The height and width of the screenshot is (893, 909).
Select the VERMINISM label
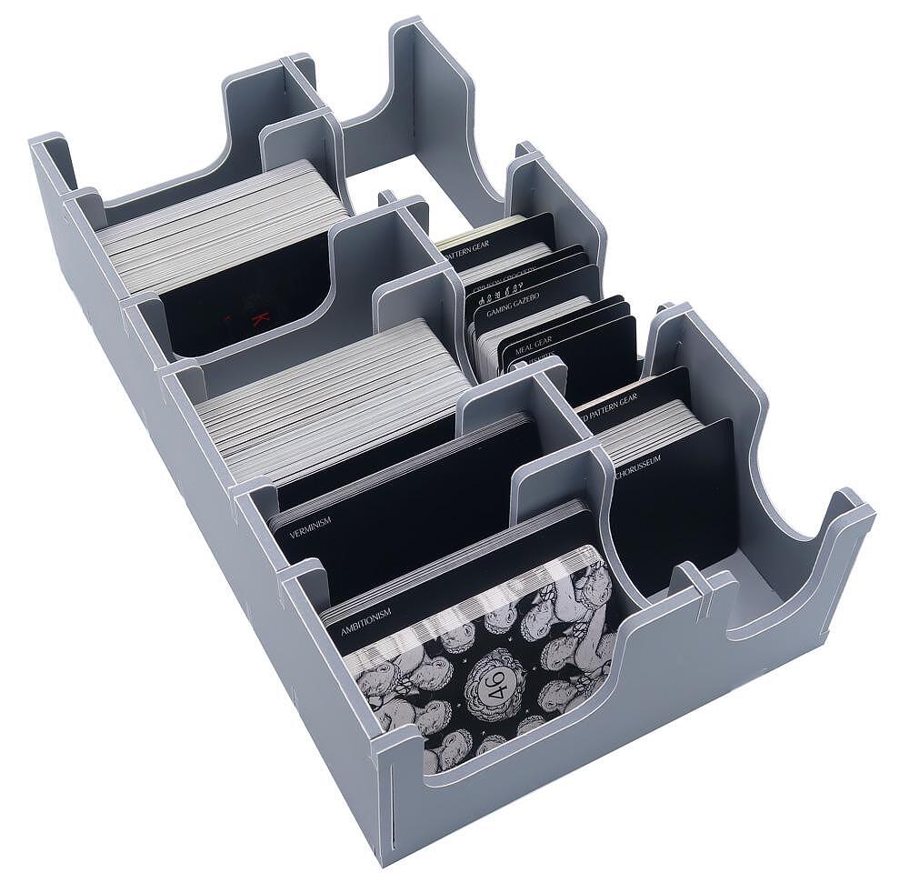[x=310, y=524]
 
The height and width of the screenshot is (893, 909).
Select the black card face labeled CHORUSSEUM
[x=677, y=509]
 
